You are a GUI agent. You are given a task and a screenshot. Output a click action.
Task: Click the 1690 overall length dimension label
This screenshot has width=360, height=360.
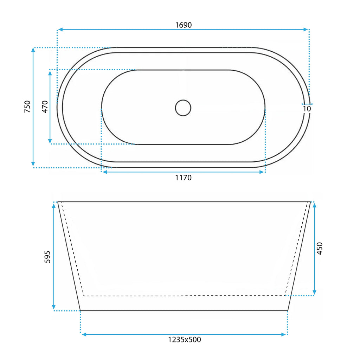(x=184, y=25)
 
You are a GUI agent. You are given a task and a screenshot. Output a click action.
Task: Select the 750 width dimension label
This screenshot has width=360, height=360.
(x=27, y=107)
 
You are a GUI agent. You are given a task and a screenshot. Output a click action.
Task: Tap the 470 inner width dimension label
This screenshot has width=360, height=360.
(x=45, y=107)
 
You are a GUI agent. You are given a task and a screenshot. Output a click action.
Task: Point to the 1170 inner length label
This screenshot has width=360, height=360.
(x=183, y=178)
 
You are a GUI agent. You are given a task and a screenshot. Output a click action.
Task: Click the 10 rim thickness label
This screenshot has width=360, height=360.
(x=307, y=109)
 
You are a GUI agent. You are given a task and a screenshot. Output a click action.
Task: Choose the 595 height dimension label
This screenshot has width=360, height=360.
(x=47, y=257)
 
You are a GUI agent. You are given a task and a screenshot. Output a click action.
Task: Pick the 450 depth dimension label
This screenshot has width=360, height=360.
(x=320, y=248)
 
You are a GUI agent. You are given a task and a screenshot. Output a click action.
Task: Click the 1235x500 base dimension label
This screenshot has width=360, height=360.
(x=184, y=340)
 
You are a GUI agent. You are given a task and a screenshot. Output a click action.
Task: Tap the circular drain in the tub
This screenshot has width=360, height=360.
(x=183, y=108)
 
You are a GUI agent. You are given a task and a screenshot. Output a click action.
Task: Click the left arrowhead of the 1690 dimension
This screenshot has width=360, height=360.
(x=60, y=30)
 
